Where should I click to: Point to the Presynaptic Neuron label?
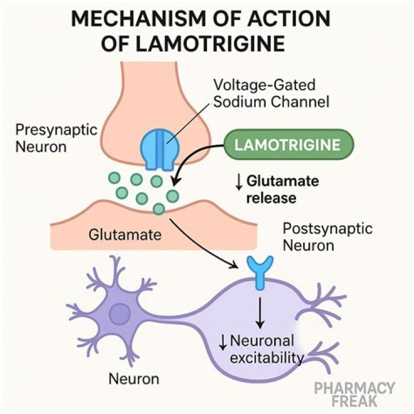coord(41,137)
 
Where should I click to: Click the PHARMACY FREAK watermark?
coord(355,395)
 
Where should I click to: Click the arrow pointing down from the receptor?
coord(261,311)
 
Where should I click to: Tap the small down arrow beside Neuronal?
coord(222,343)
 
